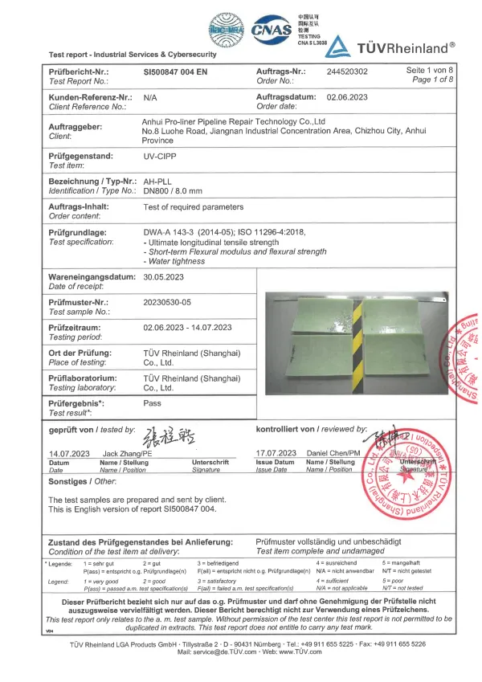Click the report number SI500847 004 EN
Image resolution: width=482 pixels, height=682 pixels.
pyautogui.click(x=175, y=71)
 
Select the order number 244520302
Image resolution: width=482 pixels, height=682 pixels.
pyautogui.click(x=348, y=71)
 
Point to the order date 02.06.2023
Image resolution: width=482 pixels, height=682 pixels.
pyautogui.click(x=348, y=96)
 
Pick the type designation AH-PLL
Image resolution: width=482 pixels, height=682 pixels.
pyautogui.click(x=158, y=182)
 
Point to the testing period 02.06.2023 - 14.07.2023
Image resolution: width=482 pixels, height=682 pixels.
pyautogui.click(x=188, y=327)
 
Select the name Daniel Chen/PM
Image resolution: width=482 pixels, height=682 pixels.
pyautogui.click(x=334, y=454)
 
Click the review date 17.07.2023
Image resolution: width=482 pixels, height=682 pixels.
pyautogui.click(x=276, y=454)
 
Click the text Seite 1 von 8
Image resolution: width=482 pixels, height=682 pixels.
pyautogui.click(x=431, y=71)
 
